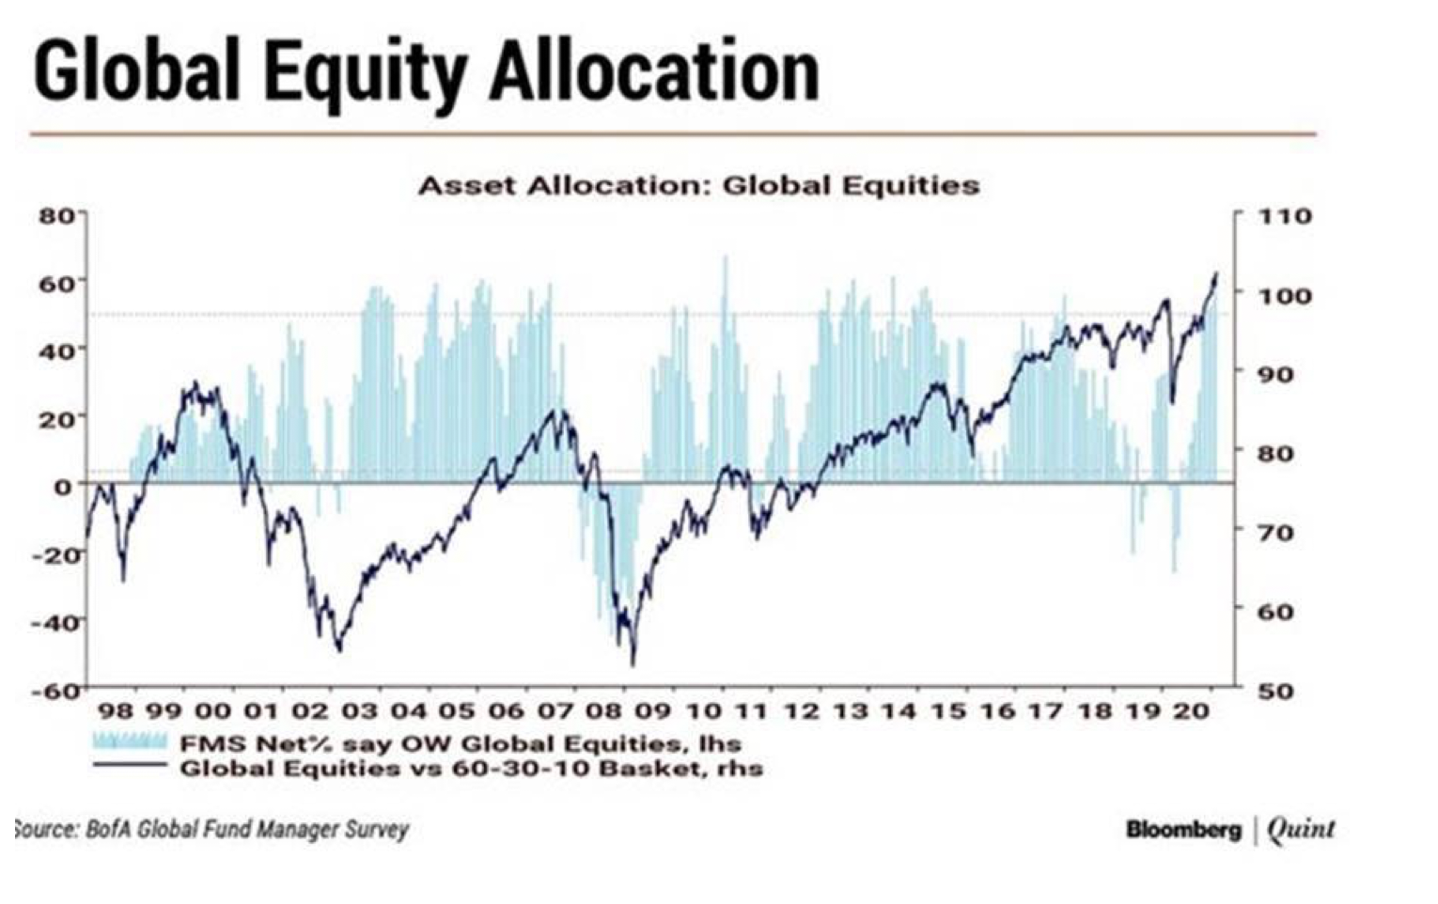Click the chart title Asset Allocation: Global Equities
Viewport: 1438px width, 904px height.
click(x=698, y=185)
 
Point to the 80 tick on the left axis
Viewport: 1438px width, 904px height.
click(x=55, y=215)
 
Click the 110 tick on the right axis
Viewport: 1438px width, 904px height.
click(x=1285, y=216)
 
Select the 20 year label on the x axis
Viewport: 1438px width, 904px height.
click(x=1191, y=711)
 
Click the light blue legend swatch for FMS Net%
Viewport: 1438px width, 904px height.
click(x=130, y=742)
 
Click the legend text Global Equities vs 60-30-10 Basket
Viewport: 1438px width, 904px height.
click(x=471, y=769)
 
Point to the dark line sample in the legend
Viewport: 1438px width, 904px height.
click(x=130, y=767)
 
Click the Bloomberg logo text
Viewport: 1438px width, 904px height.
click(x=1183, y=830)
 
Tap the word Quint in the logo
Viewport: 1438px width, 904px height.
click(x=1301, y=829)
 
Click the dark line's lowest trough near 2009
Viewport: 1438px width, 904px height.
click(x=633, y=663)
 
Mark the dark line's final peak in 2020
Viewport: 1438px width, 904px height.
click(x=1215, y=273)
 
